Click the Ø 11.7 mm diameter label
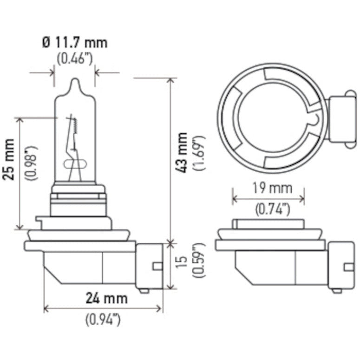tap(74, 43)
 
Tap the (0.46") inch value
tap(74, 59)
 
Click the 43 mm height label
tap(183, 153)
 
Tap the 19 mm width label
tap(269, 188)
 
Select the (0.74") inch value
tap(269, 209)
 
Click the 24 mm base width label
tap(106, 297)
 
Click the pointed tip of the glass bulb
tap(75, 81)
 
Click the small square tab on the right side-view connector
tap(348, 267)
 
